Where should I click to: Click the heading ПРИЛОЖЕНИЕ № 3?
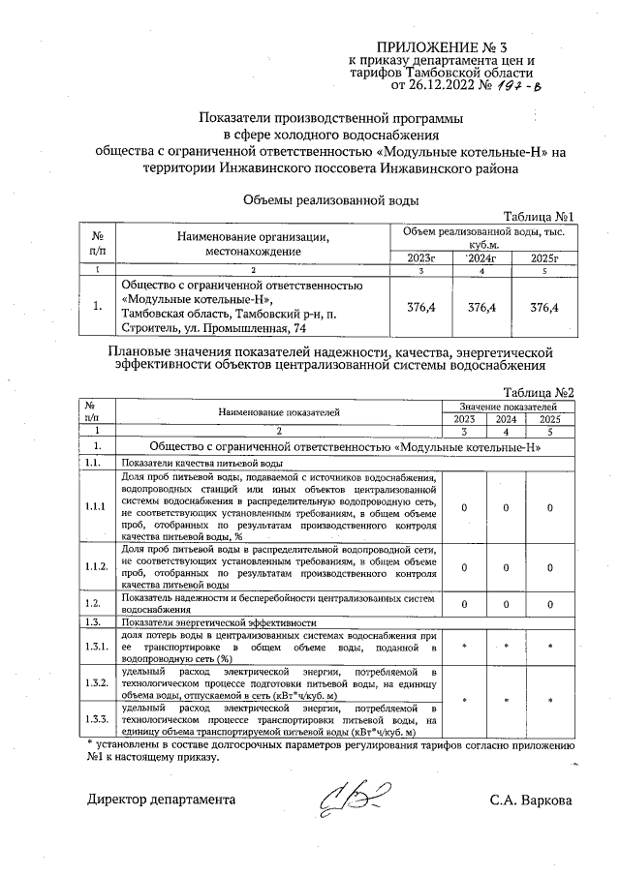[454, 45]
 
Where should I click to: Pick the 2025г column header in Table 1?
[543, 257]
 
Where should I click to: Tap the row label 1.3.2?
[96, 682]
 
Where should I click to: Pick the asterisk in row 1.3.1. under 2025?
[548, 647]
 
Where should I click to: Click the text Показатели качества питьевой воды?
[187, 463]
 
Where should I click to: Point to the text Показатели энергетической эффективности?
[219, 621]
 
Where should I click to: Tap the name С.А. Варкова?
[532, 800]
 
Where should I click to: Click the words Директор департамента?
[161, 800]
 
